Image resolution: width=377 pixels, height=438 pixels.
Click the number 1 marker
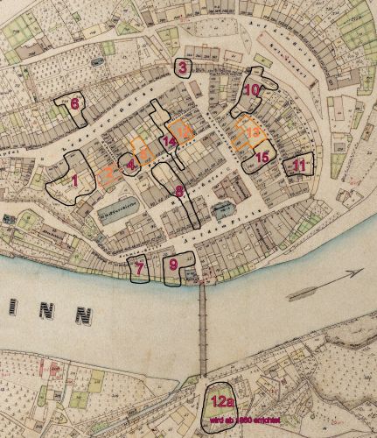pyautogui.click(x=74, y=180)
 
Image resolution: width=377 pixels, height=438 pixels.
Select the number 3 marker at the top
pyautogui.click(x=182, y=68)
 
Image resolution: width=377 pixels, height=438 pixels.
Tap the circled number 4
pyautogui.click(x=131, y=164)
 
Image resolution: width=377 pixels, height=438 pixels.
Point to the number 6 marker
pyautogui.click(x=75, y=103)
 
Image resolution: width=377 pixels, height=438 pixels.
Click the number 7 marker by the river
pyautogui.click(x=137, y=268)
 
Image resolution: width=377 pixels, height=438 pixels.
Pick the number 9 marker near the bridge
pyautogui.click(x=173, y=264)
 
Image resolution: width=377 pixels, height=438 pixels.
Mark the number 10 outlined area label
pyautogui.click(x=251, y=89)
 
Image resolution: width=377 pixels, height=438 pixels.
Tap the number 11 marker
pyautogui.click(x=299, y=164)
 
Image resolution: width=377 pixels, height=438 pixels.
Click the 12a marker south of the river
pyautogui.click(x=221, y=402)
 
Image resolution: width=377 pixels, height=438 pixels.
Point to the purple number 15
pyautogui.click(x=262, y=157)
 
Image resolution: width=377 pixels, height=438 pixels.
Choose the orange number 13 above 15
pyautogui.click(x=253, y=131)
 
